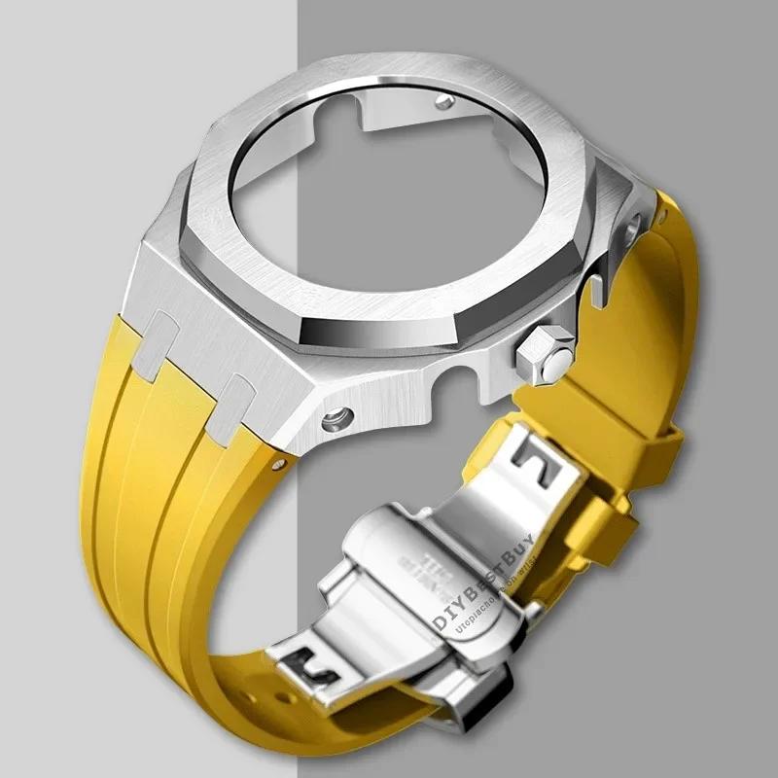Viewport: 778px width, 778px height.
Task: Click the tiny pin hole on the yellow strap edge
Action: (x=281, y=464)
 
